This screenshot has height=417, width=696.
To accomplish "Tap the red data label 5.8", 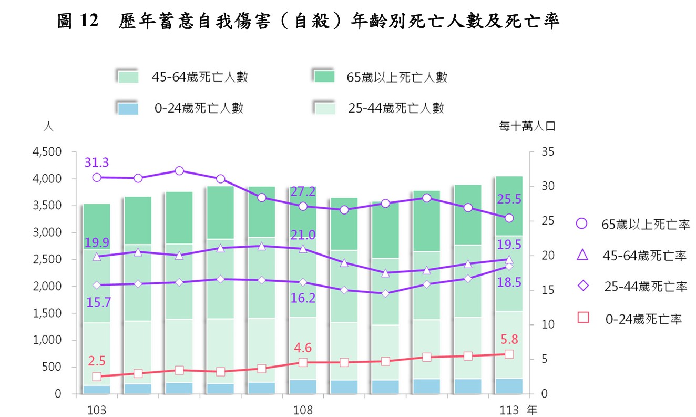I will click(x=509, y=340).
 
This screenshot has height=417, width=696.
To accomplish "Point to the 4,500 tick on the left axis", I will click(x=48, y=152).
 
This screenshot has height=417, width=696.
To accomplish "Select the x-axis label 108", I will click(x=303, y=409).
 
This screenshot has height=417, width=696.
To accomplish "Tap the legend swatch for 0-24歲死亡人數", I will click(x=127, y=108).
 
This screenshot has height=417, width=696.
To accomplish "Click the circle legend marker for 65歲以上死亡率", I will click(x=581, y=224).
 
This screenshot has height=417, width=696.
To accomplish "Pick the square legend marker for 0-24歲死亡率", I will click(x=581, y=318).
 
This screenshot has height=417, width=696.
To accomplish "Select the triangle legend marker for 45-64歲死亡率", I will click(x=581, y=256).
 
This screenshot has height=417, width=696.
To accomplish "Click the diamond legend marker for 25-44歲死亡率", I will click(x=581, y=287).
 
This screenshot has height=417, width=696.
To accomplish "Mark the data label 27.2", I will click(x=303, y=191).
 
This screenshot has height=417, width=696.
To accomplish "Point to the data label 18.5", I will click(x=509, y=282).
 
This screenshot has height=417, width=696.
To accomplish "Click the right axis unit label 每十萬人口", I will click(x=527, y=126).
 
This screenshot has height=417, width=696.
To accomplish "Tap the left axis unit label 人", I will click(x=48, y=127).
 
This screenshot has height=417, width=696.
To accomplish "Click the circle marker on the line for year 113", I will click(x=509, y=218).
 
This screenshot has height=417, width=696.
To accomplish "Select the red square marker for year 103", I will click(x=97, y=377).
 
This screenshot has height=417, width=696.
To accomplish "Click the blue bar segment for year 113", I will click(x=509, y=386).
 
